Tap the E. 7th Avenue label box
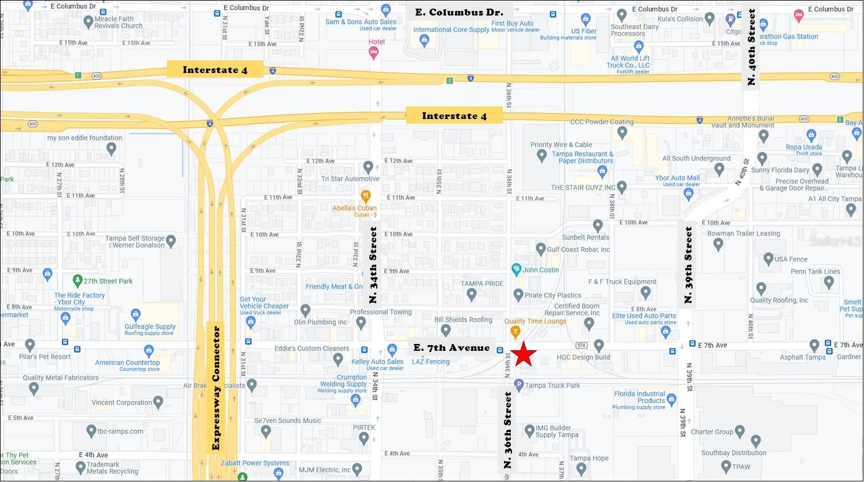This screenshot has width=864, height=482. pyautogui.click(x=452, y=347)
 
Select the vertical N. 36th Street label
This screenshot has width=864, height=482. pyautogui.click(x=508, y=430)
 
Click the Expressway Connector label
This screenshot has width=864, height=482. pyautogui.click(x=216, y=388)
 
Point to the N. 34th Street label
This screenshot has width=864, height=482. pyautogui.click(x=373, y=265)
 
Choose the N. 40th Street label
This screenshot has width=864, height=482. pyautogui.click(x=751, y=47)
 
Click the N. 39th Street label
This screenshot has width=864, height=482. pyautogui.click(x=689, y=265)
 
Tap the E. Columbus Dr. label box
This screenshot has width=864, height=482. pyautogui.click(x=458, y=12)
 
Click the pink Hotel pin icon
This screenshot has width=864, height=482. pyautogui.click(x=373, y=53)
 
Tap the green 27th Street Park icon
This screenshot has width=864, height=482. pyautogui.click(x=78, y=281)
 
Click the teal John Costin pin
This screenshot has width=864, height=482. pyautogui.click(x=517, y=269)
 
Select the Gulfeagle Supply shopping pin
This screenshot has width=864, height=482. pyautogui.click(x=136, y=315)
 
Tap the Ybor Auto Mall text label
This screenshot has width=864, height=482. pyautogui.click(x=678, y=178)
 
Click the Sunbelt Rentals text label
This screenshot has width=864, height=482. pyautogui.click(x=586, y=237)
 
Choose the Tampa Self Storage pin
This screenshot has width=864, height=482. pyautogui.click(x=171, y=239)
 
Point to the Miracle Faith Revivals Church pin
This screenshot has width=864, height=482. pyautogui.click(x=88, y=22)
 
